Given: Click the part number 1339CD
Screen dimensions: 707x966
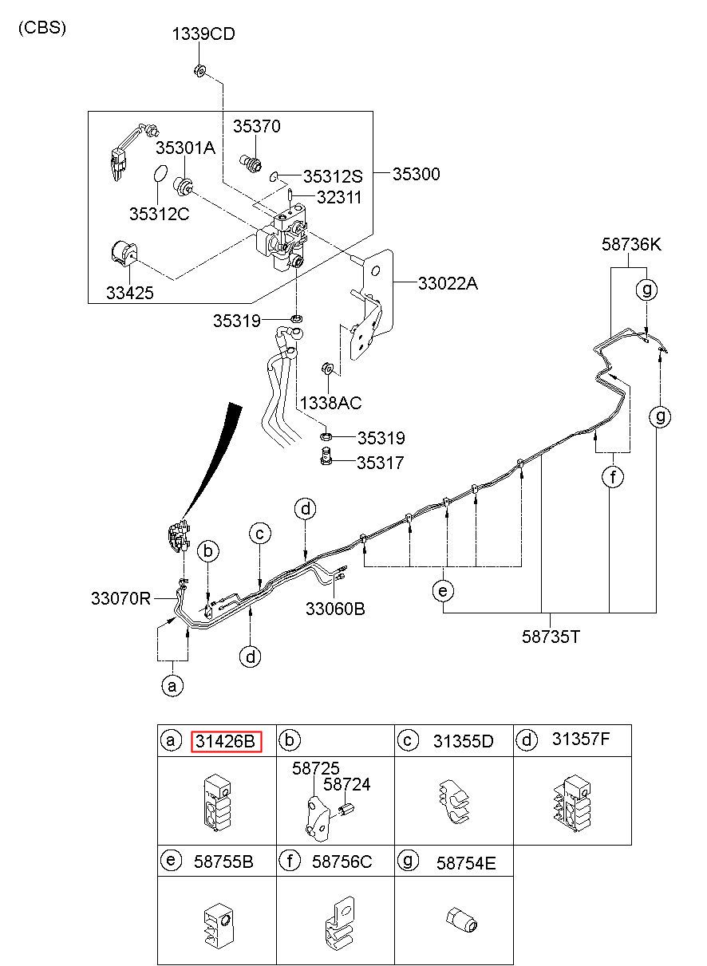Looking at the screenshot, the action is (x=203, y=34).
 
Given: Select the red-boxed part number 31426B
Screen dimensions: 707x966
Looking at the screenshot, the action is (x=226, y=741).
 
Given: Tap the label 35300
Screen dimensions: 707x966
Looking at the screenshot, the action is (x=417, y=174).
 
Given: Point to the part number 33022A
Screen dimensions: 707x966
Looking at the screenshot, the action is (x=448, y=283).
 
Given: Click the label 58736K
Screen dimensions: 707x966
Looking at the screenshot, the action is (x=631, y=245).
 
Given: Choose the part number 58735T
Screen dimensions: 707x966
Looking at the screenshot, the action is (x=551, y=637).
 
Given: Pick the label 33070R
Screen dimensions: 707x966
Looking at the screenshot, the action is (x=120, y=598).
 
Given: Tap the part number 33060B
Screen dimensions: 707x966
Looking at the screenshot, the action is (x=335, y=609).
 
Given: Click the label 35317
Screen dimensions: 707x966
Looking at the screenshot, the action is (x=380, y=463).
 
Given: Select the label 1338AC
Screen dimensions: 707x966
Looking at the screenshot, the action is (x=330, y=403).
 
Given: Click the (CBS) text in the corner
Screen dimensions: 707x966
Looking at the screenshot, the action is (x=42, y=28).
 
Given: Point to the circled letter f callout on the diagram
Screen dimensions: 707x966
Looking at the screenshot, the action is (x=613, y=477).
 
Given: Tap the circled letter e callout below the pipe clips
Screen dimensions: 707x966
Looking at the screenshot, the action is (x=443, y=590).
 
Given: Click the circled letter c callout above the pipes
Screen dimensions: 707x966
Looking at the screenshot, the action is (x=259, y=534).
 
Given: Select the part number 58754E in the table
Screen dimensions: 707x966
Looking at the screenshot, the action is (x=466, y=863).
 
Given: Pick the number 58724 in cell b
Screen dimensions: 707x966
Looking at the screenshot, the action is (x=346, y=783).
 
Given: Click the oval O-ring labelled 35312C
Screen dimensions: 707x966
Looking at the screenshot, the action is (x=159, y=174).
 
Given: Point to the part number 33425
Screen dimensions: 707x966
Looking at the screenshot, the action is (x=130, y=293).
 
